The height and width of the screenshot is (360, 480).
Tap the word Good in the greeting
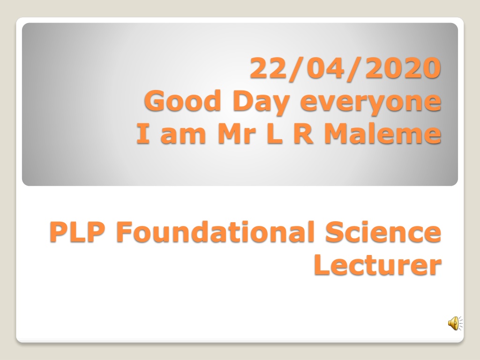click(x=182, y=100)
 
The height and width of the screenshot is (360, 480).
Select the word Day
click(x=261, y=102)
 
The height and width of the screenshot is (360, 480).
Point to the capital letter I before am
click(x=143, y=133)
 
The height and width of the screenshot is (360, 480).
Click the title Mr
click(x=236, y=133)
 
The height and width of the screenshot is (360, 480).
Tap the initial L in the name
click(x=274, y=133)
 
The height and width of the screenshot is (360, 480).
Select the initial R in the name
click(x=304, y=133)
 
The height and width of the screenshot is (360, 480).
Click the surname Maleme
click(x=383, y=133)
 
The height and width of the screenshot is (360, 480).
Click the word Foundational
click(x=216, y=232)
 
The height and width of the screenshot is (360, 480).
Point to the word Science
click(x=383, y=232)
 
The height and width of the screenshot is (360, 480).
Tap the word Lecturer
click(x=378, y=265)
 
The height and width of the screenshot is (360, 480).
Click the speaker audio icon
click(x=455, y=323)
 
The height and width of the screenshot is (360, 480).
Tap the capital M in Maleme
click(x=337, y=133)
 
